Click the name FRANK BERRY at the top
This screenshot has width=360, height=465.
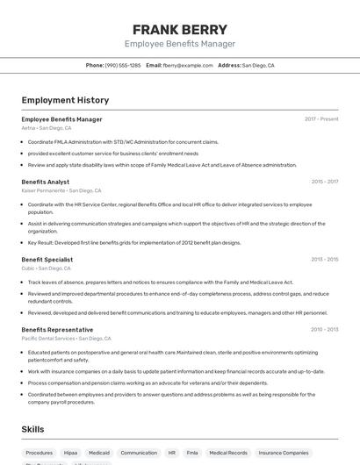(x=179, y=29)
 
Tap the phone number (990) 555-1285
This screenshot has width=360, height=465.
(x=123, y=65)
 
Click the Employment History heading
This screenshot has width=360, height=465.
(x=65, y=100)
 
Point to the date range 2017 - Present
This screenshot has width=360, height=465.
(x=321, y=118)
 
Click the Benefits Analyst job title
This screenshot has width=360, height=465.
(x=46, y=182)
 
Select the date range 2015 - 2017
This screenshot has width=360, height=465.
(x=324, y=182)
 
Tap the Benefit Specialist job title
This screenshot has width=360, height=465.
(x=47, y=260)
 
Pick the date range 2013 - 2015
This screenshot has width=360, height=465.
(x=324, y=260)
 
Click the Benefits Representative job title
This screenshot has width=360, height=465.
(x=57, y=329)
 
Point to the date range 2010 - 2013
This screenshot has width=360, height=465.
(x=324, y=329)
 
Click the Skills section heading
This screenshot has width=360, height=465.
(x=33, y=429)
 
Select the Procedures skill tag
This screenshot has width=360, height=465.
(x=39, y=453)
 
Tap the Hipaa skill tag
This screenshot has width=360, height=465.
(x=70, y=453)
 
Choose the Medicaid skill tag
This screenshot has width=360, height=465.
(x=99, y=453)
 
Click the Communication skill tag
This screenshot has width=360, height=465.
(x=139, y=453)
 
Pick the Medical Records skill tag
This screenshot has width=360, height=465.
(x=227, y=453)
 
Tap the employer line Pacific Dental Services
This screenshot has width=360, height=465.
(x=48, y=338)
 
